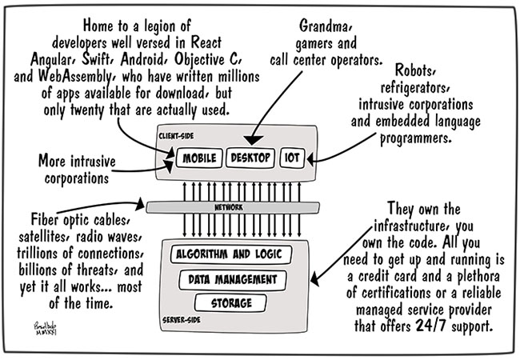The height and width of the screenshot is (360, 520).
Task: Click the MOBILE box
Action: tap(199, 158)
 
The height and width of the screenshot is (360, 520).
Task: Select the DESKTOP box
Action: tap(250, 158)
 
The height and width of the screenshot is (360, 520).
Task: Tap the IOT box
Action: tap(292, 158)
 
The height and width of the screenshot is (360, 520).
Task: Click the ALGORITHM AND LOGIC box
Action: tap(231, 254)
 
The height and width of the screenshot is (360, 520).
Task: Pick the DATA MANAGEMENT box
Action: tap(233, 280)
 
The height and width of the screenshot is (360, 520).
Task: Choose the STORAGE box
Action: tap(231, 303)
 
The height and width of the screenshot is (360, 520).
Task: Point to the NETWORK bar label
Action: tap(229, 207)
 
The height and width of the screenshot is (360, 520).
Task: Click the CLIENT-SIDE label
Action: tap(176, 136)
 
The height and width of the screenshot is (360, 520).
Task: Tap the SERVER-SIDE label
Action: tap(182, 320)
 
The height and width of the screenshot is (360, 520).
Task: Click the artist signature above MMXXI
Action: tap(45, 325)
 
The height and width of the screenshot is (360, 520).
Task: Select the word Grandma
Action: tap(324, 26)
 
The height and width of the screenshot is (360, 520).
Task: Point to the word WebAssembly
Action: tap(76, 77)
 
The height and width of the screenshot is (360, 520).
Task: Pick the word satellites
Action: tap(45, 237)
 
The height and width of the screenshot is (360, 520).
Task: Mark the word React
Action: tap(206, 42)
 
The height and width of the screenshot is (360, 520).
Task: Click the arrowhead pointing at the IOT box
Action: tap(310, 158)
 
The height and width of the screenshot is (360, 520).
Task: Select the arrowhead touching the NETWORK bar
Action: tap(140, 204)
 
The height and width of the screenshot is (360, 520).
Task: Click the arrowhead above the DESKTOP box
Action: tap(252, 140)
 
